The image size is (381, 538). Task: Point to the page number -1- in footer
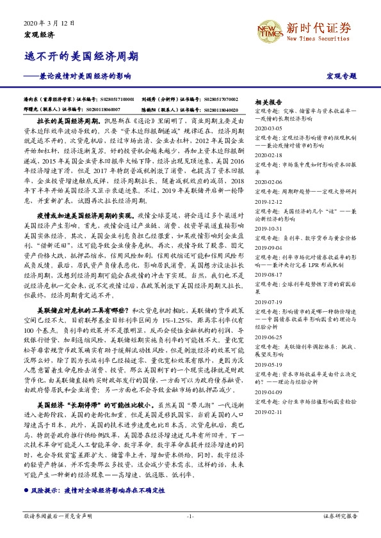pos(190,516)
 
